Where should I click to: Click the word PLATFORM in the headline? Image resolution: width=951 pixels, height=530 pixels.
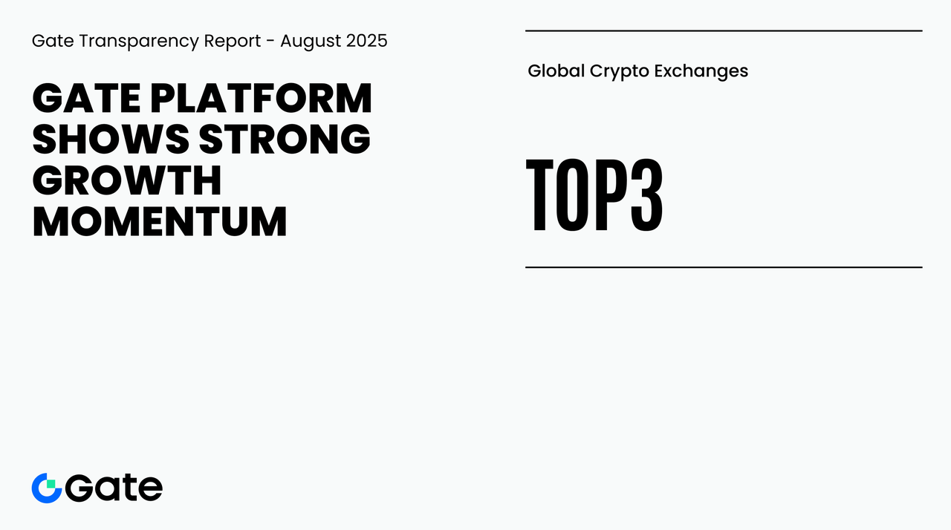(261, 99)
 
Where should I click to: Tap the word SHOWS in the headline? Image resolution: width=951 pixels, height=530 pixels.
(111, 139)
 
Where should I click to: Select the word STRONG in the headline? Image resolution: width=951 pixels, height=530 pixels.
(285, 139)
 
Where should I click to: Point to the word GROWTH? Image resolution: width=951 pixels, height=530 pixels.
(127, 180)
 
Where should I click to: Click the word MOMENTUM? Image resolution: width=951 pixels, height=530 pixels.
(160, 221)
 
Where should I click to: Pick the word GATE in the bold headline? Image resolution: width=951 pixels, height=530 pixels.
(87, 99)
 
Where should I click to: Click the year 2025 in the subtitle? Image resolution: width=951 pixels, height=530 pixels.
(367, 41)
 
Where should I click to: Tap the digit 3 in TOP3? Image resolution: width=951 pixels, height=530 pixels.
(646, 194)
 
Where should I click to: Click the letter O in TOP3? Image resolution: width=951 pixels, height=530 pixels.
(571, 194)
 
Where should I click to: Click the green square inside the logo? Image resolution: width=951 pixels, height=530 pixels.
(51, 484)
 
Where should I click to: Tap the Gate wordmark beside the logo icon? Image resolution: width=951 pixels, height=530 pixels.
(114, 488)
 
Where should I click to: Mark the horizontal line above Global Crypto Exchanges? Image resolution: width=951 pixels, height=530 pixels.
(724, 31)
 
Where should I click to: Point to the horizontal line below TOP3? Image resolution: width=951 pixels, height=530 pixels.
(724, 267)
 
